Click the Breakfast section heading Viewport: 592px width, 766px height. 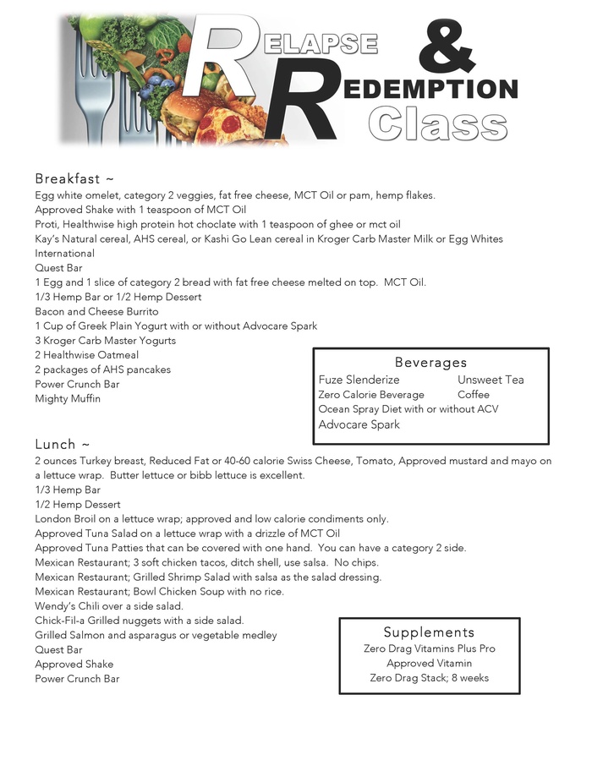tap(74, 179)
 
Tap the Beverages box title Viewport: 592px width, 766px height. tap(430, 363)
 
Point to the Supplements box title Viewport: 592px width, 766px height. tap(429, 632)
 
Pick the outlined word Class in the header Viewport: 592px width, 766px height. tap(437, 123)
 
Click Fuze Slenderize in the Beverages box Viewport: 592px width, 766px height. tap(359, 380)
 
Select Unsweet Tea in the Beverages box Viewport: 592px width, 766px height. tap(491, 380)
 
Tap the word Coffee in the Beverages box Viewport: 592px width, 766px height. tap(474, 395)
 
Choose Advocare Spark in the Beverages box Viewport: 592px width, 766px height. tap(359, 424)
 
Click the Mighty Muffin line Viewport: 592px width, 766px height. tap(68, 399)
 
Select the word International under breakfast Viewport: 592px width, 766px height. tap(64, 254)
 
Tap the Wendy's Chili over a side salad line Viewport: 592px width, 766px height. tap(109, 606)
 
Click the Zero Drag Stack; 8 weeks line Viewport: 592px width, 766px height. tap(429, 678)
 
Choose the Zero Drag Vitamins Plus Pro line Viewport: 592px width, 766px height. tap(429, 649)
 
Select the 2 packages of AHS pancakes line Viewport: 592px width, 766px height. tap(102, 369)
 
